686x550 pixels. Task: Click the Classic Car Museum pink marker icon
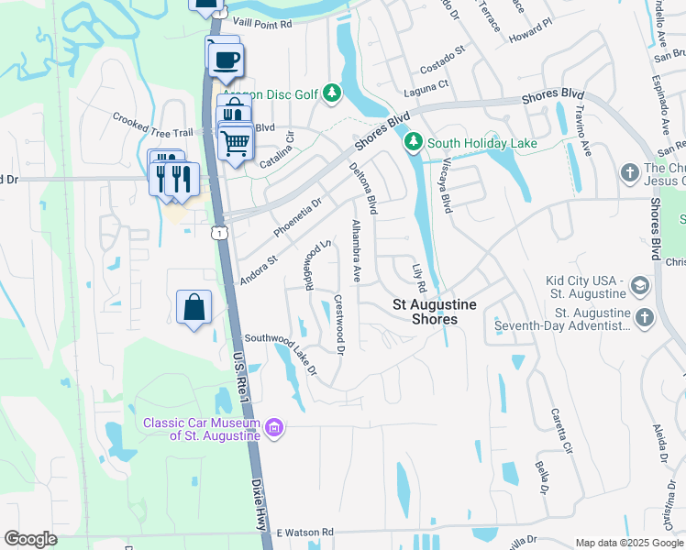(x=273, y=427)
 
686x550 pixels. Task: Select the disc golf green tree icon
(x=332, y=93)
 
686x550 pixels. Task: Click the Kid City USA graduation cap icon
(x=639, y=286)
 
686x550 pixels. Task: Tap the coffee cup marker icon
(x=225, y=60)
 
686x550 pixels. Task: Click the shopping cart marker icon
(x=236, y=142)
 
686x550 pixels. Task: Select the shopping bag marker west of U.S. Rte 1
(x=194, y=308)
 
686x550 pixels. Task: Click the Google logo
(x=31, y=539)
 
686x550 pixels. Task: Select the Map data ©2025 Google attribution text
(x=629, y=543)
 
